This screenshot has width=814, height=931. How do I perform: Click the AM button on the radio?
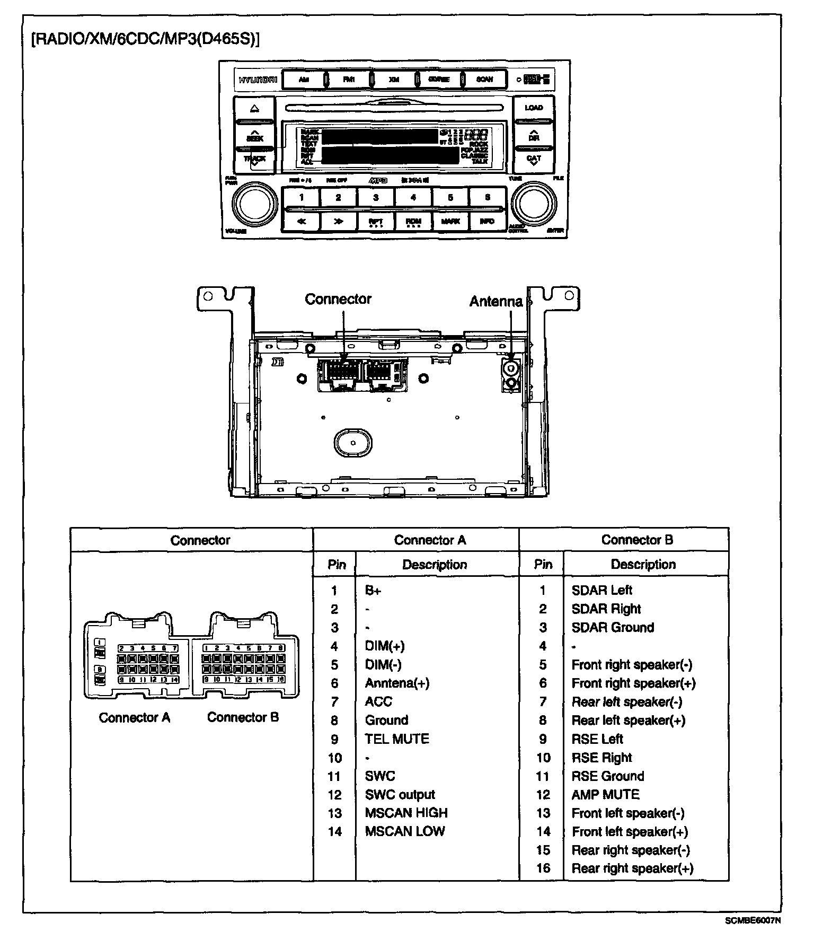304,80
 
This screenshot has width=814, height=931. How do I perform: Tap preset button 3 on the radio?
376,198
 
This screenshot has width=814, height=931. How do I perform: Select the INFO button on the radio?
487,221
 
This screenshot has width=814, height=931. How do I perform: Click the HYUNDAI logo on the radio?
258,80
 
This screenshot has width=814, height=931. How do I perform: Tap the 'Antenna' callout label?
496,302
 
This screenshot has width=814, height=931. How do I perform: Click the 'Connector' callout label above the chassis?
338,299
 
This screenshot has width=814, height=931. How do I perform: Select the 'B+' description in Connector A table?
373,590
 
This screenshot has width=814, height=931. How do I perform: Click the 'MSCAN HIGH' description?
406,813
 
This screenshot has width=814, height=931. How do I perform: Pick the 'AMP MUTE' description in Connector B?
605,794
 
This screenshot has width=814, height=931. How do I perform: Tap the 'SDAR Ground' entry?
613,627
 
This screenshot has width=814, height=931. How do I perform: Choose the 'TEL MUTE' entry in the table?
397,739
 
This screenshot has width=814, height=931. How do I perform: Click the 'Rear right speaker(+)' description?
632,868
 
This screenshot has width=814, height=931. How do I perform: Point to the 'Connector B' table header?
637,540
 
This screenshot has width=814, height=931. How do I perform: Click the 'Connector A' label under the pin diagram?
135,717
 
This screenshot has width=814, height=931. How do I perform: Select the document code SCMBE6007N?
753,920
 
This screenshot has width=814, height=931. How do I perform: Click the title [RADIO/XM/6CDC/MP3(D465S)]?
146,40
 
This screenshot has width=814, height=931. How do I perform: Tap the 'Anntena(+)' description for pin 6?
397,683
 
